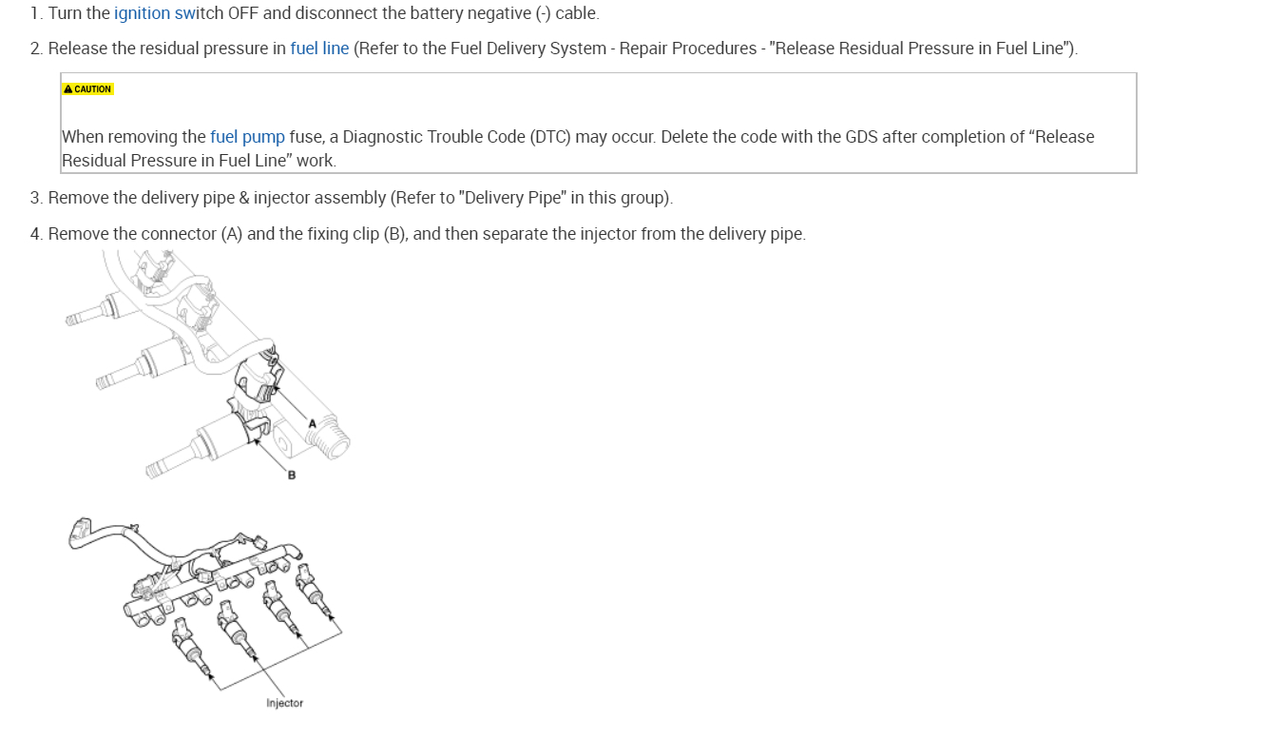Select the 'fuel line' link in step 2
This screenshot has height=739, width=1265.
click(x=319, y=49)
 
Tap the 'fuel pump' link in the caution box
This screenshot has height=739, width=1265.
click(x=247, y=137)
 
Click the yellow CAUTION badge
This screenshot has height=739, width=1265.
click(x=87, y=89)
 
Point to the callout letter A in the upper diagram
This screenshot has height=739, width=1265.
click(x=312, y=423)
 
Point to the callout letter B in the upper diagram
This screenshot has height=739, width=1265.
click(x=291, y=475)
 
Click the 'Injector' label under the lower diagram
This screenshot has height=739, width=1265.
click(x=284, y=704)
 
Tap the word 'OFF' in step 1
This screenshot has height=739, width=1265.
click(x=243, y=14)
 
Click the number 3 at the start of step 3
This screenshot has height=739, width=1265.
click(x=35, y=199)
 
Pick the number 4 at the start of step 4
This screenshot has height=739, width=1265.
click(x=35, y=234)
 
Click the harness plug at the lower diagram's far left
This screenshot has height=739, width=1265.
click(x=79, y=533)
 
